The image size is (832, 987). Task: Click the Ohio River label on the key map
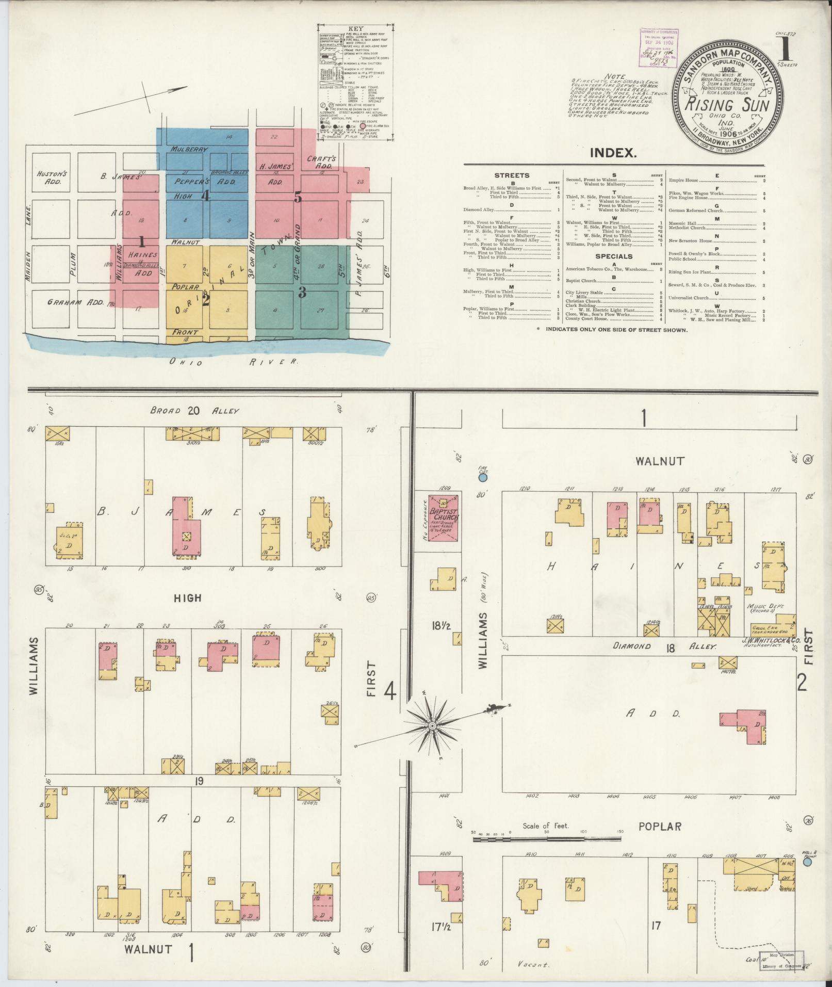tap(235, 362)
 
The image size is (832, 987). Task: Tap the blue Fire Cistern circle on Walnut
tap(483, 478)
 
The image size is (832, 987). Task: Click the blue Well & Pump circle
tap(807, 862)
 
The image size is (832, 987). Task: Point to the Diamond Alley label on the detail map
tap(665, 646)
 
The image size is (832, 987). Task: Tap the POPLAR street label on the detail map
tap(660, 826)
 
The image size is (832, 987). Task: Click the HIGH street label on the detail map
tap(188, 598)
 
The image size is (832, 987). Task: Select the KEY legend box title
tap(355, 29)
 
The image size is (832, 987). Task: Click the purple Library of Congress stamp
tap(659, 47)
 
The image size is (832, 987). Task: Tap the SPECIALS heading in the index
tap(614, 256)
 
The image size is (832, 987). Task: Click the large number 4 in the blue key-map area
tap(205, 196)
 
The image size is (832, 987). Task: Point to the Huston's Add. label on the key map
tap(49, 177)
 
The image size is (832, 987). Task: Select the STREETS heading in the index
tap(512, 175)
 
